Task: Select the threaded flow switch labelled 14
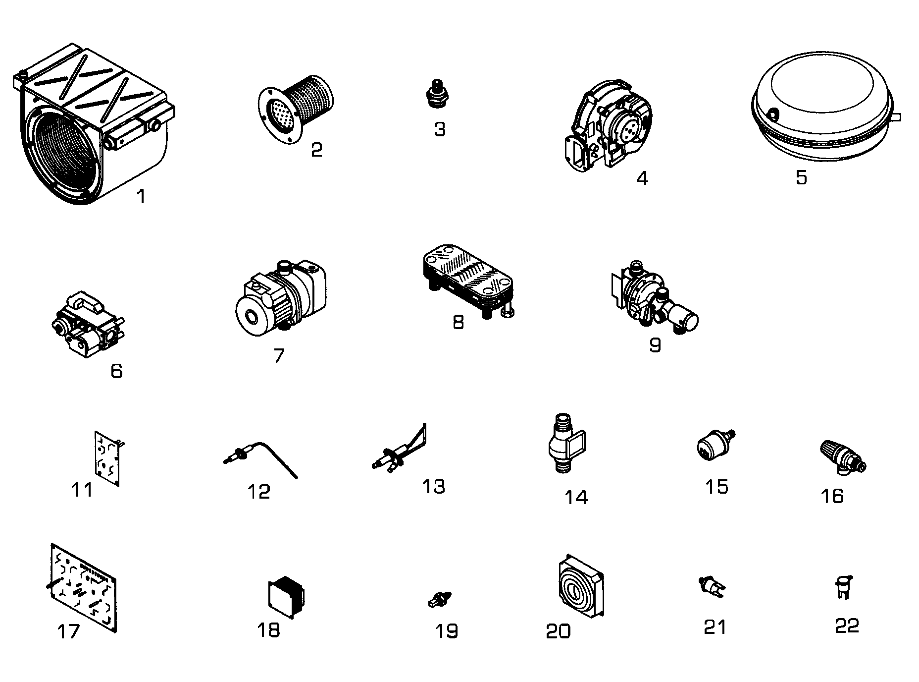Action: (x=566, y=444)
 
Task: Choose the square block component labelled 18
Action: (x=286, y=597)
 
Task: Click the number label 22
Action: (x=847, y=626)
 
